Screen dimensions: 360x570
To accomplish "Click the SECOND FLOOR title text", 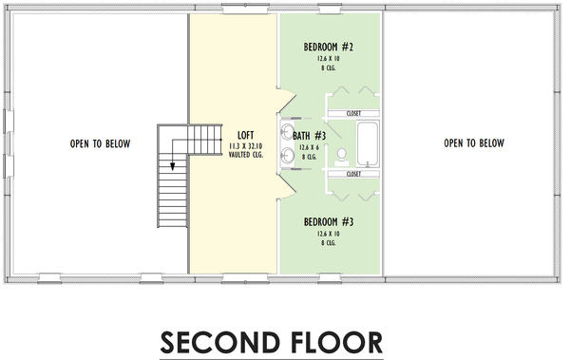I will coord(271,340).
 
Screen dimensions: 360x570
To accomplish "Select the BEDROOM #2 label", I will coord(329,47).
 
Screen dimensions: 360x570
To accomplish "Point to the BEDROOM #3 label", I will coord(329,222).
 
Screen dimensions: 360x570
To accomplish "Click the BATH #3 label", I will coord(308,136).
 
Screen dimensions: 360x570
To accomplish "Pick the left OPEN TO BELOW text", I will coord(100,144).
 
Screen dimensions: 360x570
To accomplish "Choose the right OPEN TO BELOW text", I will coord(474,144).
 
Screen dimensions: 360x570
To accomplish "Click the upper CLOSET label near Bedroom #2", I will coord(353,113).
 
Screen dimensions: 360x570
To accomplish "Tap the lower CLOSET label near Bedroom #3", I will coord(353,175).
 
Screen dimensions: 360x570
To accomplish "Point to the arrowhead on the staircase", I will coord(173,165).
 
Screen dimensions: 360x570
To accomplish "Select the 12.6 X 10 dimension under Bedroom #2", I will coord(329,59).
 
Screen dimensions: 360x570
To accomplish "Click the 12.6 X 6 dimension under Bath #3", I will coord(308,147).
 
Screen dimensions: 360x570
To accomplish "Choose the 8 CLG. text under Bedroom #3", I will coord(329,242).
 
